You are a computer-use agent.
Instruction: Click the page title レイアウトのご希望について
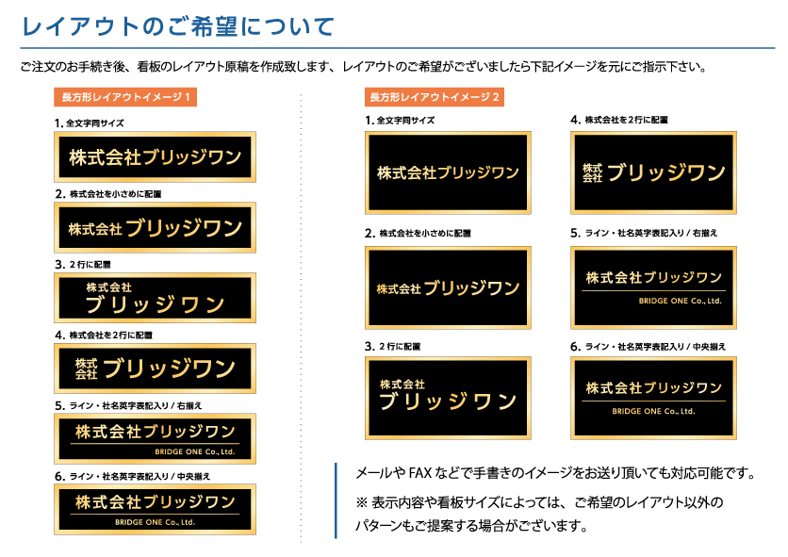pyautogui.click(x=178, y=26)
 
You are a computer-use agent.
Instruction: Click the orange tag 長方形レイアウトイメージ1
pyautogui.click(x=125, y=97)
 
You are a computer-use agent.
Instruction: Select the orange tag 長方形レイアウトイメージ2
pyautogui.click(x=435, y=97)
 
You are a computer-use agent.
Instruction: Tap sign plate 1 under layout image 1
pyautogui.click(x=155, y=156)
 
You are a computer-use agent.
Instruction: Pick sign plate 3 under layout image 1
pyautogui.click(x=155, y=298)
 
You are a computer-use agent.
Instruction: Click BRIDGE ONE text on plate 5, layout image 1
pyautogui.click(x=195, y=451)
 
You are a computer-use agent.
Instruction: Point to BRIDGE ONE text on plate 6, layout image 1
pyautogui.click(x=155, y=522)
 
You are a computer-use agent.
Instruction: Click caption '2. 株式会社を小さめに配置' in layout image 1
pyautogui.click(x=108, y=194)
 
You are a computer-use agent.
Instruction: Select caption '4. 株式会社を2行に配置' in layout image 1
pyautogui.click(x=104, y=335)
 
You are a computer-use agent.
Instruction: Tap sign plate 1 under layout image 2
pyautogui.click(x=448, y=172)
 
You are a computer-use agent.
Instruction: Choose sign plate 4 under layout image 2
pyautogui.click(x=653, y=172)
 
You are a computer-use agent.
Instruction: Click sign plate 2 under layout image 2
pyautogui.click(x=448, y=287)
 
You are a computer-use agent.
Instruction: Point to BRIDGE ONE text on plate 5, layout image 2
pyautogui.click(x=680, y=301)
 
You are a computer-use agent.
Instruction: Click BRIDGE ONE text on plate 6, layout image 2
pyautogui.click(x=653, y=411)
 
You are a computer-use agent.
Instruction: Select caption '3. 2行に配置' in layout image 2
pyautogui.click(x=392, y=347)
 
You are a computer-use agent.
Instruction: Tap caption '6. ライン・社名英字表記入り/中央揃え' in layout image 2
pyautogui.click(x=648, y=347)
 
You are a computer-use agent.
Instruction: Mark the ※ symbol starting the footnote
pyautogui.click(x=362, y=502)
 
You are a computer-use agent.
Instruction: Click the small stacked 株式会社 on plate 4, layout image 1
pyautogui.click(x=86, y=369)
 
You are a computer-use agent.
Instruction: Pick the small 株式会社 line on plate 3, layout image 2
pyautogui.click(x=402, y=385)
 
